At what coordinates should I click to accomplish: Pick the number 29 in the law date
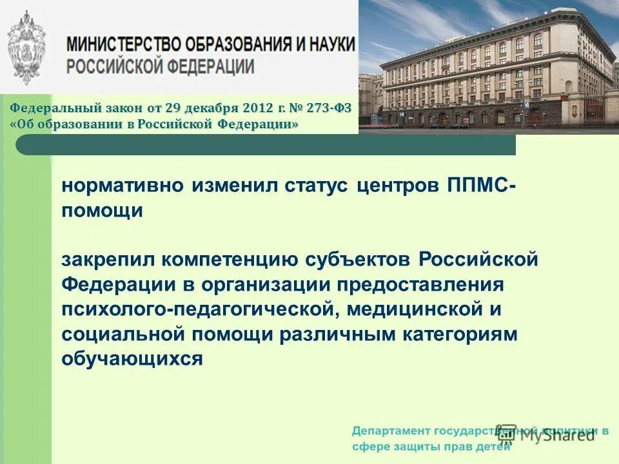pyautogui.click(x=173, y=108)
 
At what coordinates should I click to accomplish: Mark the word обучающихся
pyautogui.click(x=132, y=359)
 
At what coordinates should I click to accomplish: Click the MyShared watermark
pyautogui.click(x=548, y=434)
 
